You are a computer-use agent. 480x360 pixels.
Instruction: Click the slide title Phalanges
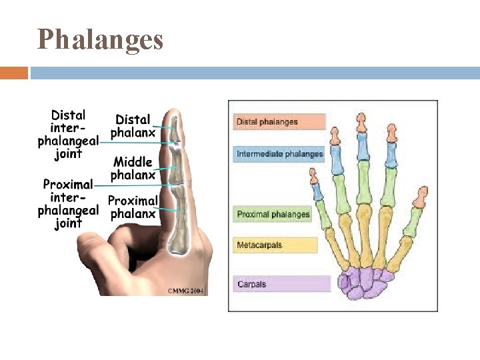(101, 39)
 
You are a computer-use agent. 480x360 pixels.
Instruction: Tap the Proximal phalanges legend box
(273, 214)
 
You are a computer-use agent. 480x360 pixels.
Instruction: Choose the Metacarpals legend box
(275, 245)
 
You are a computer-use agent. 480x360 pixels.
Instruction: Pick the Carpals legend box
(281, 284)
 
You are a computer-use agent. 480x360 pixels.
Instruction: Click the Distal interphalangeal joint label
(68, 135)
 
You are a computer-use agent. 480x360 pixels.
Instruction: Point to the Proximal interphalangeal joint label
(68, 203)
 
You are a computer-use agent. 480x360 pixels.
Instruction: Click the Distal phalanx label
(133, 126)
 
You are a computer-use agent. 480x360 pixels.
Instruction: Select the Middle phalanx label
(133, 168)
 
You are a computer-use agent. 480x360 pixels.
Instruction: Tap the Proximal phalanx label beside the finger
(133, 207)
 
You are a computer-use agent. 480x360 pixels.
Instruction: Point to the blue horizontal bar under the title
(253, 73)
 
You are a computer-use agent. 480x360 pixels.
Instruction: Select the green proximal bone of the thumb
(413, 221)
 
